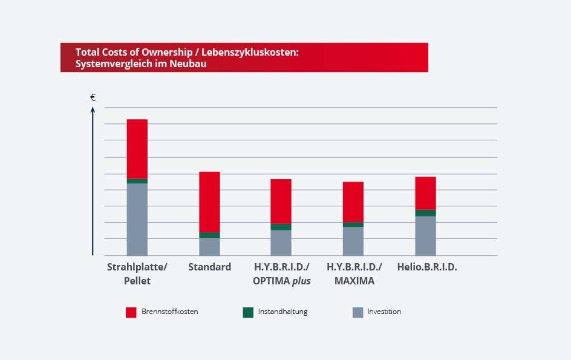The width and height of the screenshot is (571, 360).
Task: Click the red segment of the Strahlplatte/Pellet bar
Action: (137, 149)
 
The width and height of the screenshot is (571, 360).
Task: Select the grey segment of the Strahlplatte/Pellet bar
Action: (137, 219)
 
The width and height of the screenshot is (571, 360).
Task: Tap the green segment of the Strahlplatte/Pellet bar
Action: (137, 181)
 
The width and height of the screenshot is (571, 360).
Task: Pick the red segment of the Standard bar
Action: (209, 201)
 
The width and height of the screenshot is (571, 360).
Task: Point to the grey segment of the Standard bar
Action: (209, 246)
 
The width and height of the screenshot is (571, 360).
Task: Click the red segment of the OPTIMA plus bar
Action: (281, 201)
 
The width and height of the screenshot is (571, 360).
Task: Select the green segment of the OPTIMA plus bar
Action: (281, 227)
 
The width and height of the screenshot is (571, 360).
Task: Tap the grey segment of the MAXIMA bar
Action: (353, 241)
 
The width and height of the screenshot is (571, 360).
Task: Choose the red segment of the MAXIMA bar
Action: (353, 201)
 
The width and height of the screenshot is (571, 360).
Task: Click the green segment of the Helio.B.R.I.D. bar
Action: (425, 213)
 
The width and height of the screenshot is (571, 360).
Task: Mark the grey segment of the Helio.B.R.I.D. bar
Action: (425, 235)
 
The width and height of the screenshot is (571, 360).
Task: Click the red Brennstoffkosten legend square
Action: (131, 312)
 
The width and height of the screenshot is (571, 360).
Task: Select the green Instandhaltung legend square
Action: (248, 312)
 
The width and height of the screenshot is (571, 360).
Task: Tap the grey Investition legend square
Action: (357, 312)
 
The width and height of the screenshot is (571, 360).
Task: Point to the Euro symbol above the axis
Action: (93, 97)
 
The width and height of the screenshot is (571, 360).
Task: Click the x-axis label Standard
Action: (209, 267)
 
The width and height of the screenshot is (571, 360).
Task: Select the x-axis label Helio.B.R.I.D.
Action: (427, 267)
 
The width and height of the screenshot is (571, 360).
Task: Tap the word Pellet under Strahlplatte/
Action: (137, 281)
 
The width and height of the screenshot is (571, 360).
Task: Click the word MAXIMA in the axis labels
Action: (353, 281)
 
